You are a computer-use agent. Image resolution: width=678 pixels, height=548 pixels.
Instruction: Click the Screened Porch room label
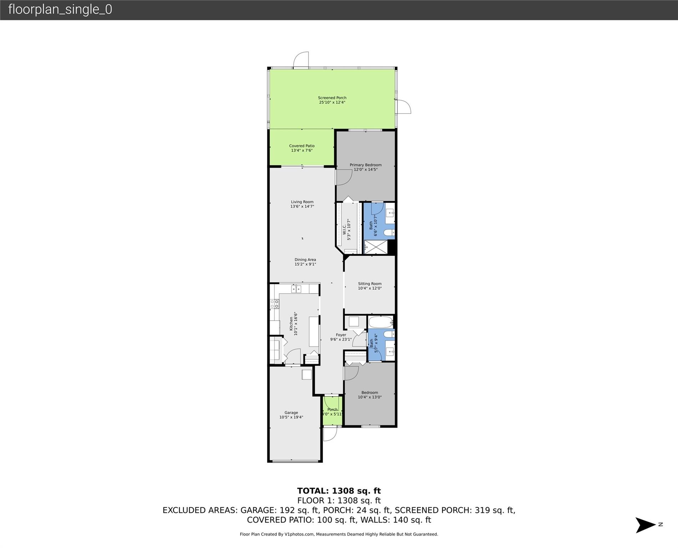point(332,98)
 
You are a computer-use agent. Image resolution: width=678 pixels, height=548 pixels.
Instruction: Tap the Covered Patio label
point(302,146)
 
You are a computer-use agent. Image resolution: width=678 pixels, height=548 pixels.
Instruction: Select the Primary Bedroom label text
point(365,165)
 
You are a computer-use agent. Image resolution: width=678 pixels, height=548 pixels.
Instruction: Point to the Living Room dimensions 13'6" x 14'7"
point(302,207)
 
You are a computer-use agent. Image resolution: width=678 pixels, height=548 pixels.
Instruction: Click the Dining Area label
point(305,260)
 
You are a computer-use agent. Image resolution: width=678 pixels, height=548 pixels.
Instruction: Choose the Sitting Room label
point(370,284)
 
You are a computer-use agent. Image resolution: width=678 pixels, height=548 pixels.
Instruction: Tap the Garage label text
point(291,412)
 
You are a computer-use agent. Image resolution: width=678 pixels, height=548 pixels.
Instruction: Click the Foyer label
point(341,335)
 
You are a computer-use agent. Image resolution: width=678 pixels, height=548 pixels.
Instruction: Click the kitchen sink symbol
point(296,289)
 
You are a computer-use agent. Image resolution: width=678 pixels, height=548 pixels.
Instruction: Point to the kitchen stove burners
point(274,304)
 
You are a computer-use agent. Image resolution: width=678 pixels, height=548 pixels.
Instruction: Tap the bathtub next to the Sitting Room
point(380,322)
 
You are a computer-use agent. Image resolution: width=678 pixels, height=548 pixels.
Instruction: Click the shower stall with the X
point(376,247)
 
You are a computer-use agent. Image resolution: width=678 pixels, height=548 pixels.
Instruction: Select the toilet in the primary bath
point(389,233)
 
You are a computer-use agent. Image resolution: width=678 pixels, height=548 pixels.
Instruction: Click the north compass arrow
point(646,525)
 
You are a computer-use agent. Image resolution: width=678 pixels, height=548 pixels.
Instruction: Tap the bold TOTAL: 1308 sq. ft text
point(339,491)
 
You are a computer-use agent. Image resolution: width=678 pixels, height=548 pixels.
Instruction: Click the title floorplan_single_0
point(60,10)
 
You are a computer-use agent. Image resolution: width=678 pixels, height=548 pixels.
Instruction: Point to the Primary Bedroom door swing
point(343,177)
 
